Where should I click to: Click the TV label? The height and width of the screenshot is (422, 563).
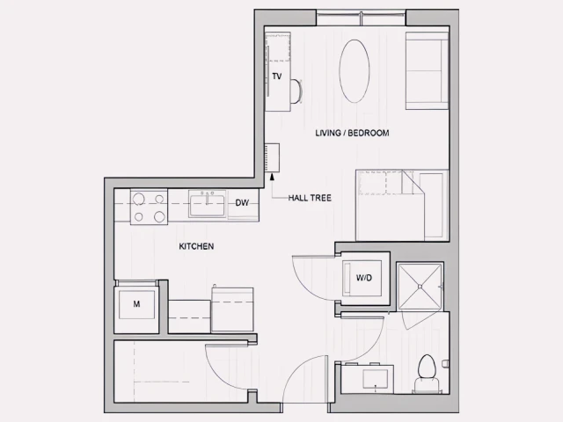276,76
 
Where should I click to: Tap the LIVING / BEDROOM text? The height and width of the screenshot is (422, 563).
352,134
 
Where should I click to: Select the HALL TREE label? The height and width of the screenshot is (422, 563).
310,198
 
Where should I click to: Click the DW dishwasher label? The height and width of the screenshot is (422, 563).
242,203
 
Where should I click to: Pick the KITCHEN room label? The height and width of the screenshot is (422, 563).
196,246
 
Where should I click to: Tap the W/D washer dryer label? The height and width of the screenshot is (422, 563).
363,278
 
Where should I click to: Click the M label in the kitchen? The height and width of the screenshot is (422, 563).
136,304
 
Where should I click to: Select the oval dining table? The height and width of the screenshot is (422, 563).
355,71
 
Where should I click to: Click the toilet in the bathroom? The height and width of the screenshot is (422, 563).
428,369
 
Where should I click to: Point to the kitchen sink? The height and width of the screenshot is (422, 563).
207,204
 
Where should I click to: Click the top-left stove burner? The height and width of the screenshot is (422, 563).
139,197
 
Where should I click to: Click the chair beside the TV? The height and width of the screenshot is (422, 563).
296,90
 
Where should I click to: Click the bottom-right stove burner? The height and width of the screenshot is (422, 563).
159,215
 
